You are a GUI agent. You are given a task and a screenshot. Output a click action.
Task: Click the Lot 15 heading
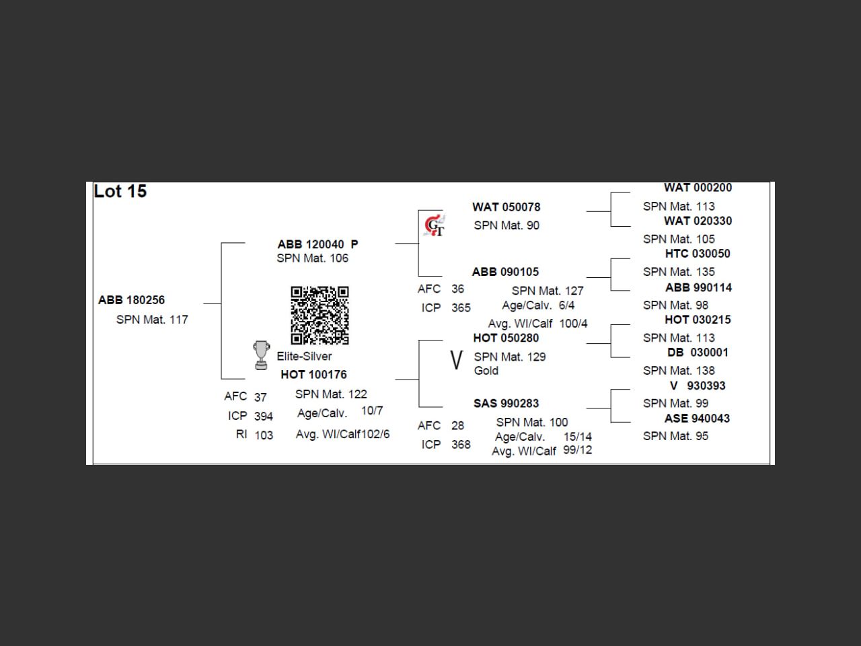click(120, 192)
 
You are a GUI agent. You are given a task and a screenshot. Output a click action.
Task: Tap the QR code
click(320, 315)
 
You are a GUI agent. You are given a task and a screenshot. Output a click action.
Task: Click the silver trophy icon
click(261, 355)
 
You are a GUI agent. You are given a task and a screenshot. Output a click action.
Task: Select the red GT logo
click(435, 225)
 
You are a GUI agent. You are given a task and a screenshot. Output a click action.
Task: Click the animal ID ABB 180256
click(131, 300)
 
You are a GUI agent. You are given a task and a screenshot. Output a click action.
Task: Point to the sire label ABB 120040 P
click(317, 244)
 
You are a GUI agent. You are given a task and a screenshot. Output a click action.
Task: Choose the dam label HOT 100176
click(313, 375)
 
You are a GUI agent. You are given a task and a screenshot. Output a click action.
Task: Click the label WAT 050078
click(506, 207)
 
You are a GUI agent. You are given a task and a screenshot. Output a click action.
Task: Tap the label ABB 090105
click(505, 272)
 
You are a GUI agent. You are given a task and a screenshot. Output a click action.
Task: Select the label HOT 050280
click(506, 338)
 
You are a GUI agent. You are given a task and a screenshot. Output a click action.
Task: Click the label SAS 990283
click(506, 404)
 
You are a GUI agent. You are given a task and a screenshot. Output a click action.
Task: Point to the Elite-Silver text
click(304, 357)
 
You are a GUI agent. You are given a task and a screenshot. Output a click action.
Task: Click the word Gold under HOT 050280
click(486, 371)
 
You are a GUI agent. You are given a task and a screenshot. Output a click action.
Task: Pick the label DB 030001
click(698, 353)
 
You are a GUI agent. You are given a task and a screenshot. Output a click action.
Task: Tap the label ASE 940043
click(697, 419)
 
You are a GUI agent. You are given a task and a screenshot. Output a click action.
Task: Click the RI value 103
click(264, 435)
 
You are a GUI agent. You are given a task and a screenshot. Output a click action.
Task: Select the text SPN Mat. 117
click(152, 320)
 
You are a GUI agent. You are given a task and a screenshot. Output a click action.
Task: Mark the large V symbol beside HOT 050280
click(456, 360)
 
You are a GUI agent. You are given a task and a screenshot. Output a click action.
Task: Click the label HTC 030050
click(698, 254)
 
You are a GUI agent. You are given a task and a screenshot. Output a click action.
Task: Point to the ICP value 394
click(264, 417)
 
